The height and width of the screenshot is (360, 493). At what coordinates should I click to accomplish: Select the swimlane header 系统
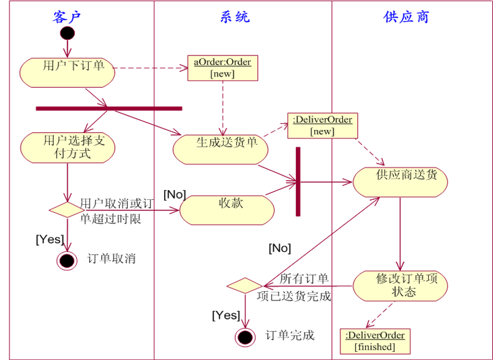click(x=235, y=16)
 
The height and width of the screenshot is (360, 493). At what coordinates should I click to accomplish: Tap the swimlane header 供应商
click(x=406, y=16)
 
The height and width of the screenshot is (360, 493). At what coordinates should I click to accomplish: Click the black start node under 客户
click(x=68, y=33)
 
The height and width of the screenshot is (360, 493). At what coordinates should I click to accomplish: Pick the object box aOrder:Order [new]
click(x=223, y=68)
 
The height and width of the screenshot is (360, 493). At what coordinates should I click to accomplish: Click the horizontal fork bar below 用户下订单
click(x=109, y=108)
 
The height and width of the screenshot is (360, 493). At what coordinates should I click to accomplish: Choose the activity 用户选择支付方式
click(x=67, y=147)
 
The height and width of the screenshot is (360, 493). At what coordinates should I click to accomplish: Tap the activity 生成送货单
click(x=221, y=149)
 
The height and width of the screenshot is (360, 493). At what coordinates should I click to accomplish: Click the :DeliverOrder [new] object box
click(x=322, y=125)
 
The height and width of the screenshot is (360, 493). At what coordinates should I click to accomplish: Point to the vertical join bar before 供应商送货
click(x=298, y=181)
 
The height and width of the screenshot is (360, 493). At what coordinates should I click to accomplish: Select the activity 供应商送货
click(x=400, y=181)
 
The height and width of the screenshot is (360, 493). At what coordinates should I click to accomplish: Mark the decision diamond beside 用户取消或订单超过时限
click(x=67, y=210)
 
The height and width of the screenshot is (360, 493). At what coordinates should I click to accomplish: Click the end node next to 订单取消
click(x=67, y=260)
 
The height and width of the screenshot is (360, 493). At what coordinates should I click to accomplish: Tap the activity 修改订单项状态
click(x=400, y=285)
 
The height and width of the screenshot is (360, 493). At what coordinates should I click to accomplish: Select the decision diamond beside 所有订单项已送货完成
click(x=244, y=285)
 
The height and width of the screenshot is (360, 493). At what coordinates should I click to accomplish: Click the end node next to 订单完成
click(x=245, y=336)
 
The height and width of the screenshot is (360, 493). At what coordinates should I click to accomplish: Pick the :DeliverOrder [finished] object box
click(x=375, y=341)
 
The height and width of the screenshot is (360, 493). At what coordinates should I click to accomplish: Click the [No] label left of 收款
click(x=175, y=195)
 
